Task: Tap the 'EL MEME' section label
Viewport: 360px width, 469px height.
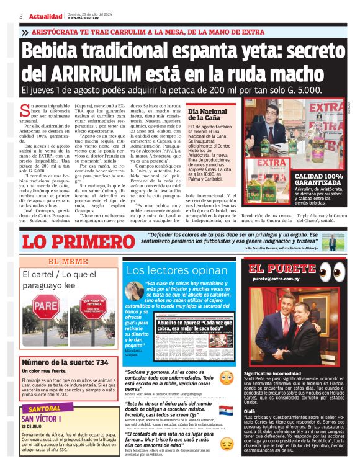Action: coord(68,262)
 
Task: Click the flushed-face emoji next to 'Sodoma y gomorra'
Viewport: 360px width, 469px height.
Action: coord(227,377)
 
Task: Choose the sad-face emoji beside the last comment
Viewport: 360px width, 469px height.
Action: coord(227,442)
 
